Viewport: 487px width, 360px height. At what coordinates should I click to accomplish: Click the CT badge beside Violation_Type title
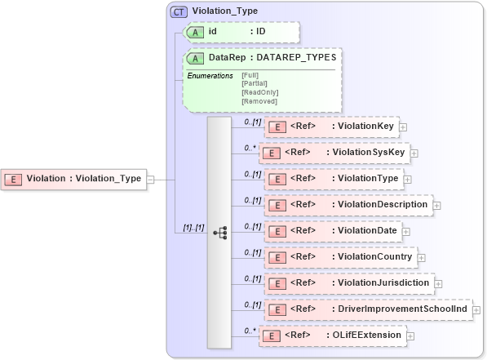[x=177, y=12]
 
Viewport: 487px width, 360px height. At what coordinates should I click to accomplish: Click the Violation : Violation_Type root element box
[x=75, y=179]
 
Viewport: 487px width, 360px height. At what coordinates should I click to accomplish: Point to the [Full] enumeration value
[x=250, y=75]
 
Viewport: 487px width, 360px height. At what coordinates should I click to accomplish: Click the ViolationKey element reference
[x=332, y=127]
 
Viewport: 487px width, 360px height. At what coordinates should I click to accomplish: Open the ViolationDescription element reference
[x=349, y=204]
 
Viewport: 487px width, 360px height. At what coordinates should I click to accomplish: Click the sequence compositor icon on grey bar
[x=219, y=232]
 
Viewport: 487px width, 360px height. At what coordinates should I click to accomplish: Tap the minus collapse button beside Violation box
[x=151, y=180]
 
